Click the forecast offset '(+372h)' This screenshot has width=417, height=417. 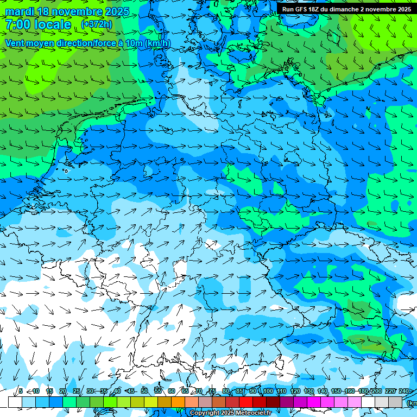tap(97, 24)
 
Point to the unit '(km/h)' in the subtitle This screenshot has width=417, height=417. tap(157, 43)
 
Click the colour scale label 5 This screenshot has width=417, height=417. tap(21, 391)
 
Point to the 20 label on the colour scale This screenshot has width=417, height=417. tap(62, 391)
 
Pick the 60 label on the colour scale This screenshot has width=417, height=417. tap(172, 391)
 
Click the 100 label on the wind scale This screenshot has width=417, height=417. tap(267, 391)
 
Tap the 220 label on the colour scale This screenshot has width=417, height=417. tap(390, 391)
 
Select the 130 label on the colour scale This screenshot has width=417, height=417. tap(308, 391)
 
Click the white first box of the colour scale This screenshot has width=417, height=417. tap(15, 402)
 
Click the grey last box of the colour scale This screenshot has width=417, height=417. tap(395, 402)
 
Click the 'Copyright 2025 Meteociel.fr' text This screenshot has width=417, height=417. tap(230, 413)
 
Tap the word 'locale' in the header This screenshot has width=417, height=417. tap(52, 24)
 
